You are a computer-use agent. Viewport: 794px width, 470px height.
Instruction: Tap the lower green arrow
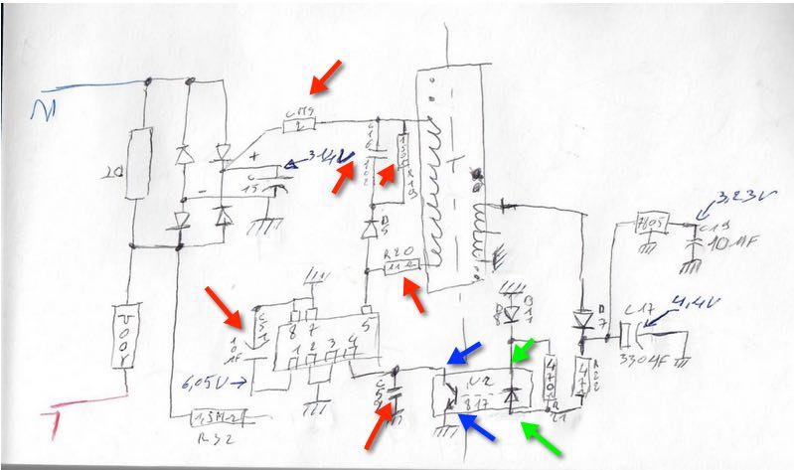click(542, 439)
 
